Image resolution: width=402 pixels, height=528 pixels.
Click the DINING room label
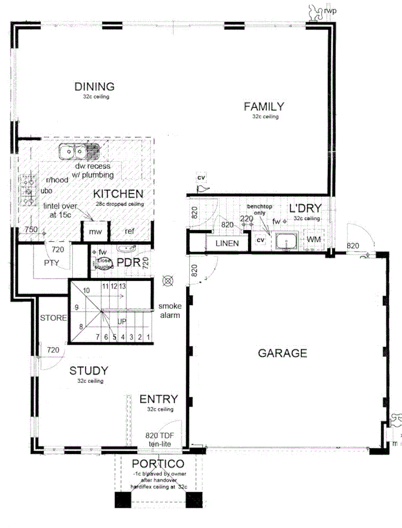(x=94, y=87)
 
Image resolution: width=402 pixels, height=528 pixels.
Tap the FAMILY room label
(x=264, y=106)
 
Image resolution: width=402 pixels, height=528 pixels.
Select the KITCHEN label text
(x=118, y=193)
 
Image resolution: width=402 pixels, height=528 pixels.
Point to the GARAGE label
(x=282, y=353)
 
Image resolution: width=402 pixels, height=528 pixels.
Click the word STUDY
(x=88, y=371)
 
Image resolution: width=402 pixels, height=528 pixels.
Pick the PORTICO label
(x=158, y=463)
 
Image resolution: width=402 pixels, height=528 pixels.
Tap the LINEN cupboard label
(x=227, y=243)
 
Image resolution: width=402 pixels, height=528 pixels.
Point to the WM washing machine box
(x=314, y=239)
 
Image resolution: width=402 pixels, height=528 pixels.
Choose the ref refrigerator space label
(x=130, y=232)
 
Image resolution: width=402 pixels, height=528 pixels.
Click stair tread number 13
(x=123, y=286)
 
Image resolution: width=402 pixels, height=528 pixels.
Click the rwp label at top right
(x=330, y=10)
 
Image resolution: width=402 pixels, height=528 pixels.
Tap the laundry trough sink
(x=285, y=241)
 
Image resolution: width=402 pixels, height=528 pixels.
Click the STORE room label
(x=53, y=318)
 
